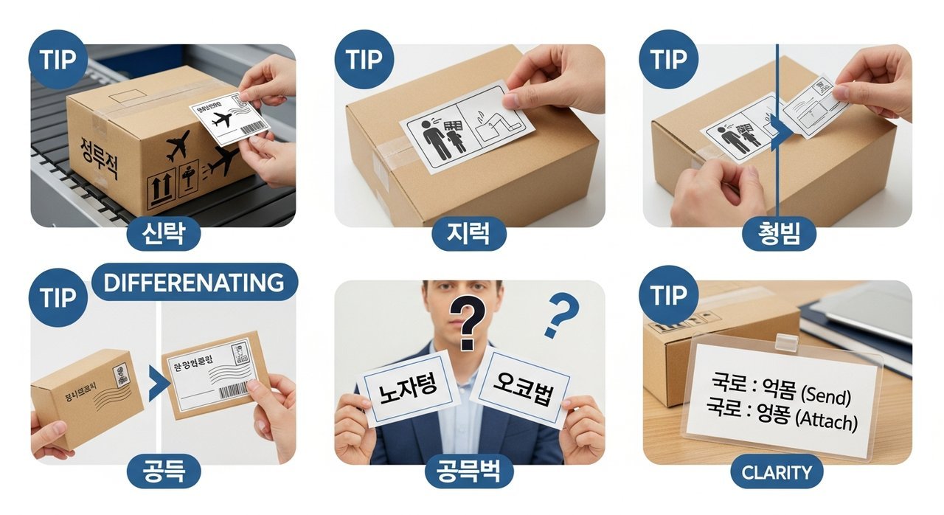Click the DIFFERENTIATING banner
click(x=194, y=283)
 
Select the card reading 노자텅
click(x=408, y=389)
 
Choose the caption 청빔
click(x=779, y=235)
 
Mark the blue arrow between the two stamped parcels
click(x=155, y=386)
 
